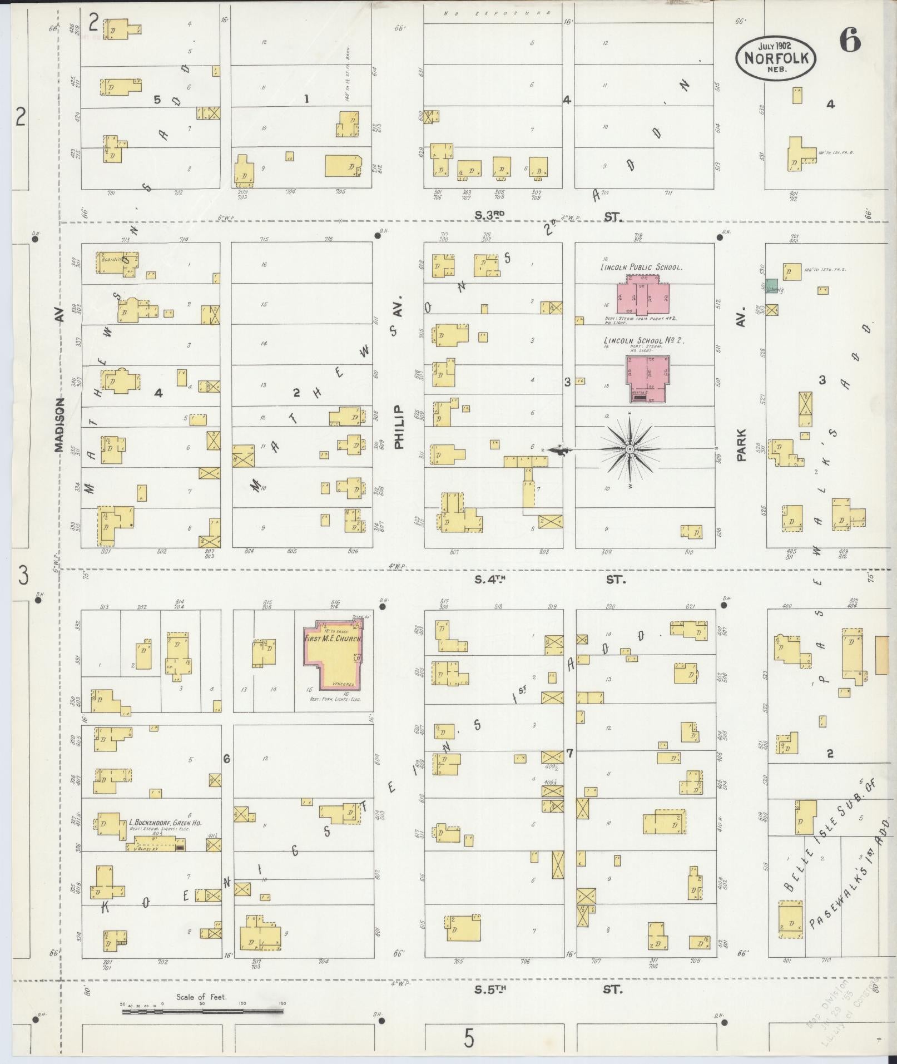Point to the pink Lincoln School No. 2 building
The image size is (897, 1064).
click(648, 378)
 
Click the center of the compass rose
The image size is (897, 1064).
click(630, 449)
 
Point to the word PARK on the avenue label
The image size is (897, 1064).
click(741, 444)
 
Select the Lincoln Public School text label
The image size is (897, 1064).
click(641, 267)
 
